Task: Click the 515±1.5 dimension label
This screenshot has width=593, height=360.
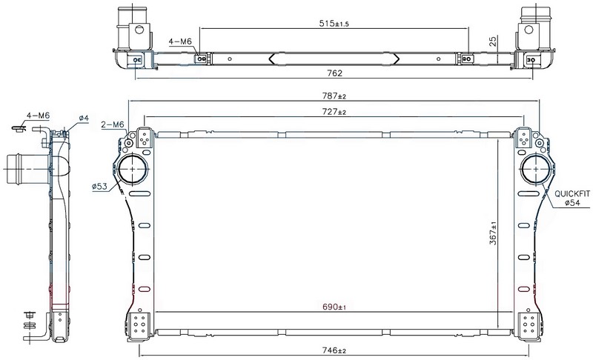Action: tap(334, 24)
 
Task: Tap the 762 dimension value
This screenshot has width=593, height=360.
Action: tap(335, 73)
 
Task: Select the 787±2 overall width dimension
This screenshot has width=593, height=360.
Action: tap(334, 96)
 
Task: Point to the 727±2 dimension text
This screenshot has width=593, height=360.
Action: tap(334, 112)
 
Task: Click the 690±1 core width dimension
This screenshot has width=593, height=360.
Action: tap(334, 307)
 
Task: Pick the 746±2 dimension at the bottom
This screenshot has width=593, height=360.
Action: tap(334, 350)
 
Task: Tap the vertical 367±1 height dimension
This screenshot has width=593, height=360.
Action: tap(493, 233)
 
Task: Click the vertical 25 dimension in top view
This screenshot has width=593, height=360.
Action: tap(493, 41)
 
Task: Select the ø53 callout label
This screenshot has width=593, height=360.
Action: tap(99, 186)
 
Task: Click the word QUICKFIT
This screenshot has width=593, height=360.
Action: tap(572, 194)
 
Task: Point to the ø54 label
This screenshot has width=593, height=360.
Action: tap(572, 203)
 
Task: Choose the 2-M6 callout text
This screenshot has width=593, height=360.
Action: tap(113, 124)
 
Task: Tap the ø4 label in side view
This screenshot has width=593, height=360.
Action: tap(84, 119)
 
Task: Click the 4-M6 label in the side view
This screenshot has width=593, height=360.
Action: tap(38, 116)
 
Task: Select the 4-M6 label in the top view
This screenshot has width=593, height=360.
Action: tap(180, 41)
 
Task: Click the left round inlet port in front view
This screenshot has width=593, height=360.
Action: tap(133, 169)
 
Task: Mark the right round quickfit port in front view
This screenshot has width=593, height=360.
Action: tap(535, 169)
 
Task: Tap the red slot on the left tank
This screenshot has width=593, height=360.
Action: tap(145, 290)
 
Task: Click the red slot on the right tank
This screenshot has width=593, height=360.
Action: tap(524, 290)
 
